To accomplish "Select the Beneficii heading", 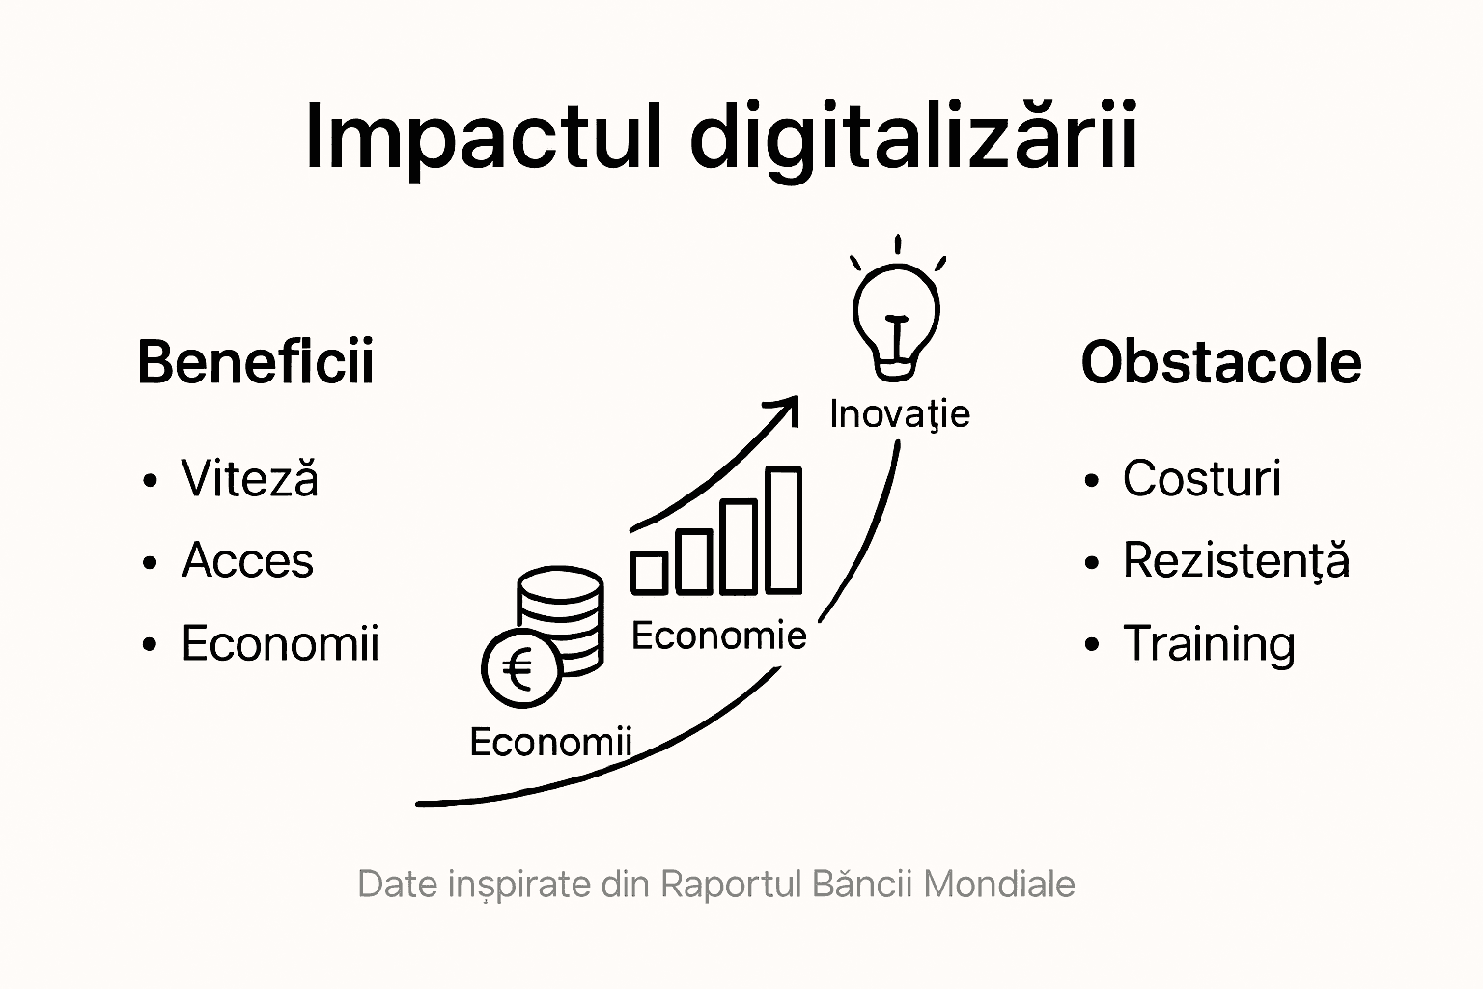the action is (x=256, y=361).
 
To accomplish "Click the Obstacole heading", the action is (x=1221, y=362).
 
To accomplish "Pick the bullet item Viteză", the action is (x=250, y=477).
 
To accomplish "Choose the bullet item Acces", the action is (x=247, y=560).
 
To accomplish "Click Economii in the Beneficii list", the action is (x=280, y=642).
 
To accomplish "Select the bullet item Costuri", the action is (x=1202, y=478).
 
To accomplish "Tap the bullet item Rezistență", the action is (x=1236, y=560).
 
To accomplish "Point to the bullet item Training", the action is (x=1209, y=644).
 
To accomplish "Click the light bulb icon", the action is (x=897, y=309).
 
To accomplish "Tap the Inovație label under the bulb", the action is (x=900, y=414).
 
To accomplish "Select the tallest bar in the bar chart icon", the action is (x=784, y=529).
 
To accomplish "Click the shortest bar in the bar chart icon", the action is (x=649, y=573).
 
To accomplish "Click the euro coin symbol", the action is (x=521, y=667).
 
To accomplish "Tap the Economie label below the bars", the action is (x=719, y=636).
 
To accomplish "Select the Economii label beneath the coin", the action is (x=551, y=741).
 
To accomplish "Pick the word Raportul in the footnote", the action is (x=731, y=885).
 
